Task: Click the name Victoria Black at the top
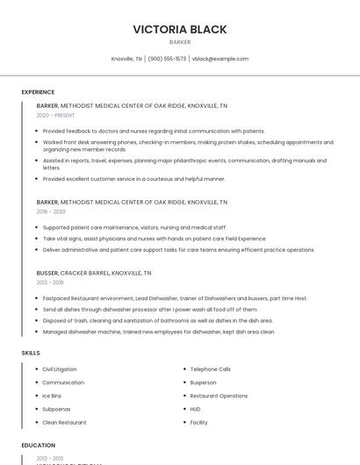[180, 29]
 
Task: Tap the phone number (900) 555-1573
[167, 59]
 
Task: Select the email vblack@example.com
[220, 59]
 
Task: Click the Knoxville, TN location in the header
[126, 59]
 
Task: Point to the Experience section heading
[38, 92]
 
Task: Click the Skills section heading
[31, 353]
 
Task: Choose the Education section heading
[39, 446]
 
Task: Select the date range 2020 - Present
[55, 115]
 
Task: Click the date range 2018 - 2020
[51, 211]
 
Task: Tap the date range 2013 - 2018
[50, 283]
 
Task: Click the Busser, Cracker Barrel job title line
[94, 273]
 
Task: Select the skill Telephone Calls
[211, 369]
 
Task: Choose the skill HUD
[196, 409]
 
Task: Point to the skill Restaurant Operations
[219, 396]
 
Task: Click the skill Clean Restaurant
[64, 422]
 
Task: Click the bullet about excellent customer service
[134, 179]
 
